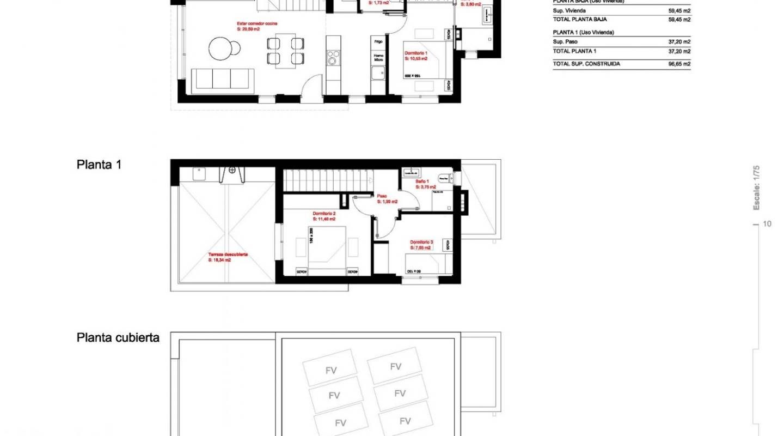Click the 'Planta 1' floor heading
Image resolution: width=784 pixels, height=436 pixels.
pyautogui.click(x=99, y=165)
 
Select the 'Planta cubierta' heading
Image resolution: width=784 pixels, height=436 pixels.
pyautogui.click(x=118, y=338)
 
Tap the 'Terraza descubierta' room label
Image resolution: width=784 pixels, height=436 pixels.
pyautogui.click(x=228, y=255)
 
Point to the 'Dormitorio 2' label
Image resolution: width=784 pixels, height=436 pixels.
pyautogui.click(x=324, y=213)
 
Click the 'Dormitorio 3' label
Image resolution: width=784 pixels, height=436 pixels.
pyautogui.click(x=421, y=242)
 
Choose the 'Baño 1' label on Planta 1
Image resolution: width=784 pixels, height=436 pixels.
pyautogui.click(x=423, y=181)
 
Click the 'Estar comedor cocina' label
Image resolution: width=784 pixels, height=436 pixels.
pyautogui.click(x=258, y=24)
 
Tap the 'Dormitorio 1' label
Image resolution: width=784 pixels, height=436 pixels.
pyautogui.click(x=416, y=53)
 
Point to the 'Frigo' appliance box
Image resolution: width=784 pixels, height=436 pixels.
pyautogui.click(x=378, y=41)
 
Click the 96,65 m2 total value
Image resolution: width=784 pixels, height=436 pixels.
pyautogui.click(x=679, y=64)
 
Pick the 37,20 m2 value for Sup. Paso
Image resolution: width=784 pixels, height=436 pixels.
pyautogui.click(x=679, y=41)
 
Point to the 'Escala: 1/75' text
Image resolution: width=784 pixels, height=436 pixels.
pyautogui.click(x=756, y=188)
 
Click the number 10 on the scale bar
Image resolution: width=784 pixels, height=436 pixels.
pyautogui.click(x=768, y=224)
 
